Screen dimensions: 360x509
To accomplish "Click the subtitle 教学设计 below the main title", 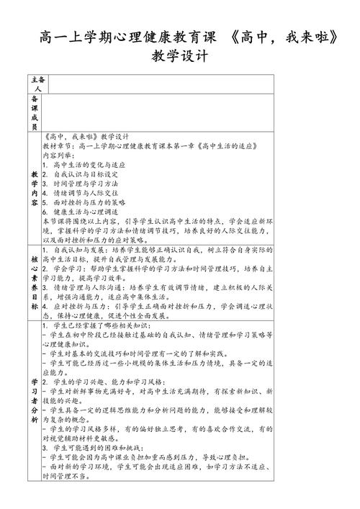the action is pos(180,56).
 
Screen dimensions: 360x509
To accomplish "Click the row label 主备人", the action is pos(35,82).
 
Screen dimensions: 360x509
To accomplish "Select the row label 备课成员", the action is pos(35,111).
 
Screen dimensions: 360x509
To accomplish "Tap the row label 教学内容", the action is pos(35,188).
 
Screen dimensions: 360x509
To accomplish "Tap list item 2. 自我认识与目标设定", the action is pos(80,174).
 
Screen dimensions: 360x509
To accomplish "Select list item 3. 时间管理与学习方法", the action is pos(80,184).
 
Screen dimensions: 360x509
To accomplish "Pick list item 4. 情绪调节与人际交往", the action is pos(80,194).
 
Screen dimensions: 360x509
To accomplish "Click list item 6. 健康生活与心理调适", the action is pos(80,213).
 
